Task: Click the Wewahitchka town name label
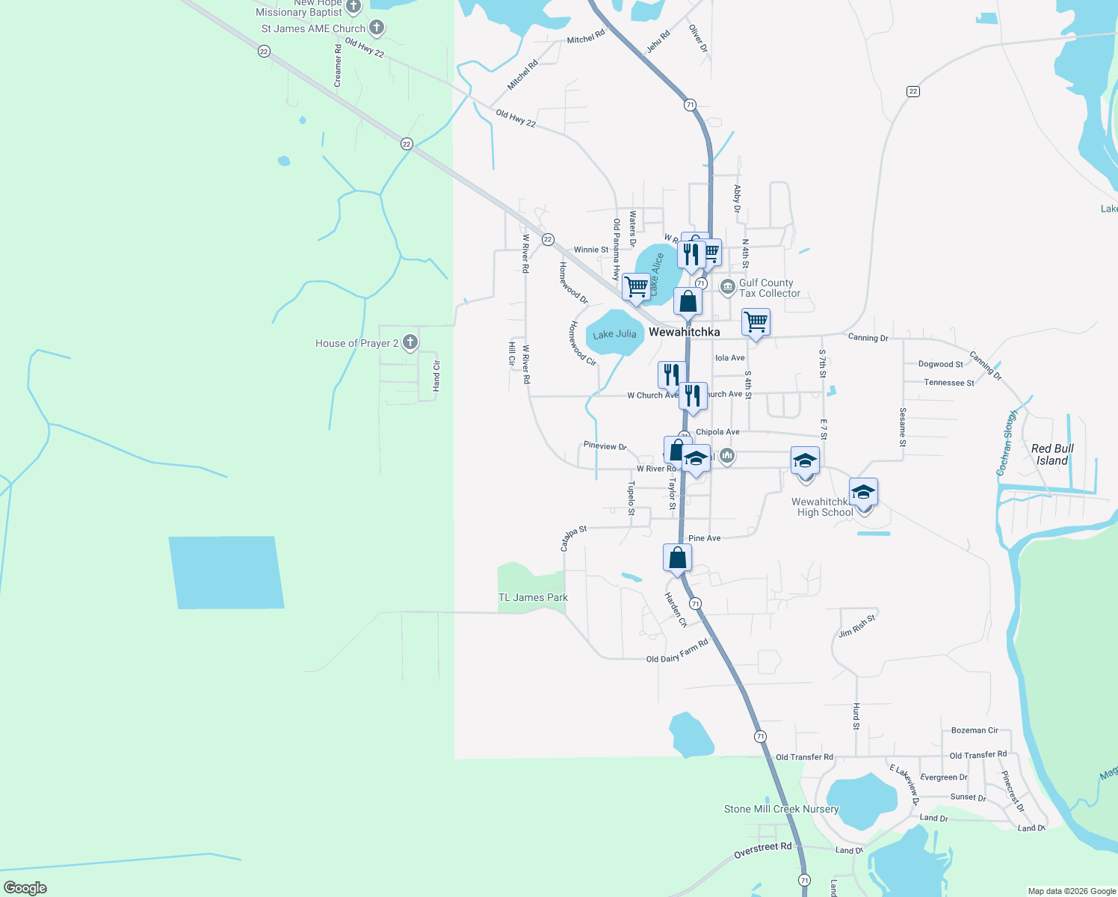pos(684,332)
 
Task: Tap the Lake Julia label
pos(614,334)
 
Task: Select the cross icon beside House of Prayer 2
pos(410,343)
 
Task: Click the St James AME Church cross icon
pos(377,28)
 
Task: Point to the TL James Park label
pos(533,597)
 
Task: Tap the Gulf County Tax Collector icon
pos(727,287)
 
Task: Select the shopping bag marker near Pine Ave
pos(677,558)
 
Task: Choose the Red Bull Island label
pos(1052,454)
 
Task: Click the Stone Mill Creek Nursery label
pos(781,809)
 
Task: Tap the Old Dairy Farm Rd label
pos(677,651)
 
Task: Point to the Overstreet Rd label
pos(762,850)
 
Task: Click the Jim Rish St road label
pos(856,626)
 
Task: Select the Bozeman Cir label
pos(975,730)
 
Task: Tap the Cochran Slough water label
pos(1007,443)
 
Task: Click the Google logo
pos(25,888)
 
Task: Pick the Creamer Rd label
pos(338,65)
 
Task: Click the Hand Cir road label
pos(436,376)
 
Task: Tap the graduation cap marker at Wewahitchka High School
pos(863,493)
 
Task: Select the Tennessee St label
pos(949,383)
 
